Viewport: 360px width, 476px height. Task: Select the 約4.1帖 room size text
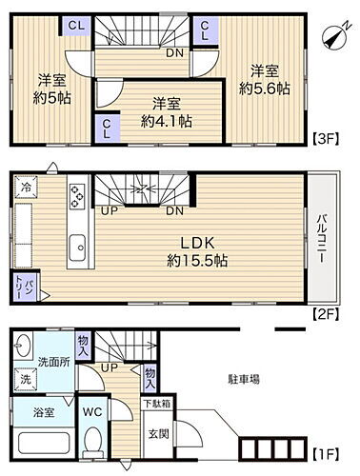166,120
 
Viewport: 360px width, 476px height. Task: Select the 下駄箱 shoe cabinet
157,404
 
